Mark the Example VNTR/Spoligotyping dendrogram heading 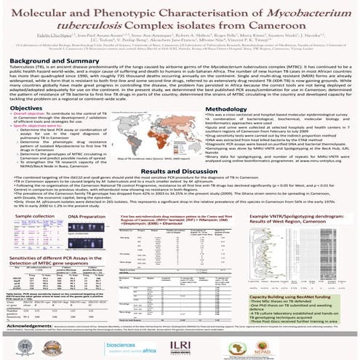pos(305,241)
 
